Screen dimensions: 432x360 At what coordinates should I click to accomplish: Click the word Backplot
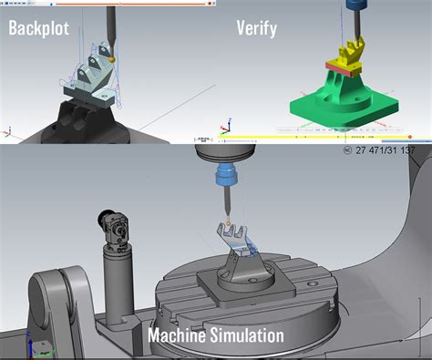tap(43, 28)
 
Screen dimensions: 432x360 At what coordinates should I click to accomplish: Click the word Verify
tap(257, 28)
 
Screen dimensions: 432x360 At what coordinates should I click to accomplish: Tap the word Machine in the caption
tap(179, 335)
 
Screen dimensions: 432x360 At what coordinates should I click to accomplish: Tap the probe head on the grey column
tap(113, 224)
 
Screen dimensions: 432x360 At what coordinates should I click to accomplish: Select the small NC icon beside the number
tap(346, 150)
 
